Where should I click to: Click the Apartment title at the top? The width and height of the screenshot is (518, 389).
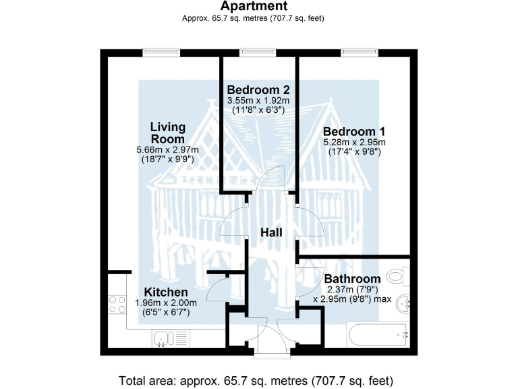pos(253,7)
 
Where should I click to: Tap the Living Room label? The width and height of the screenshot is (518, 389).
pos(168,133)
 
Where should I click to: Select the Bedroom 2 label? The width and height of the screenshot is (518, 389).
pos(258,90)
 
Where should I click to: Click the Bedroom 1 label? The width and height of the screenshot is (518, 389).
pos(354,131)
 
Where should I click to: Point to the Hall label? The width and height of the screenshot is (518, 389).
pos(272,233)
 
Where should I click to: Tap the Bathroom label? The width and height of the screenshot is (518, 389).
pos(352,278)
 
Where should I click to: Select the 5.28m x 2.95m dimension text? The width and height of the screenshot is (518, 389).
pos(354,142)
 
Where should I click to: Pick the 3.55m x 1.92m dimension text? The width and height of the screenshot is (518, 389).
pos(258,100)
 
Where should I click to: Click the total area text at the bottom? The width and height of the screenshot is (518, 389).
pos(256,380)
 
